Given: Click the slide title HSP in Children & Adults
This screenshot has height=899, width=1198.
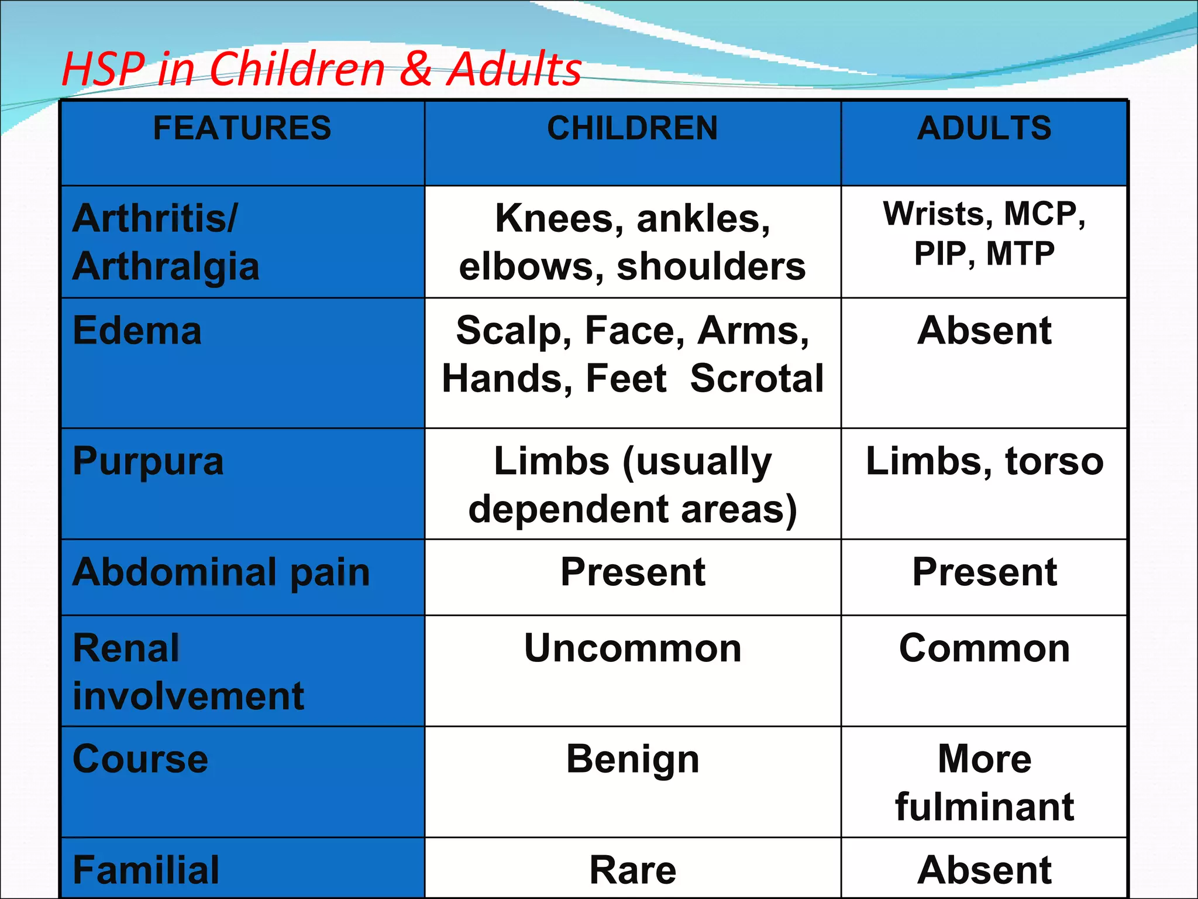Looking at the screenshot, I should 321,69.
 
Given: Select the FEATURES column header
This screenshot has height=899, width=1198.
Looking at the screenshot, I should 242,128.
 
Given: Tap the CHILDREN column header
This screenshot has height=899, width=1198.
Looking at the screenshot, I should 632,128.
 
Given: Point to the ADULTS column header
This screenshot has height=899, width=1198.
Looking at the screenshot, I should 984,128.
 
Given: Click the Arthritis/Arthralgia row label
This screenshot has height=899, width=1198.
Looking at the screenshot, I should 166,242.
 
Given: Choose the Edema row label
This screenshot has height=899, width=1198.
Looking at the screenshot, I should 137,331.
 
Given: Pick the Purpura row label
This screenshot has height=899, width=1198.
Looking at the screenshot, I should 148,461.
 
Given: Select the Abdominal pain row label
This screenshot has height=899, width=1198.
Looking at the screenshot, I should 221,572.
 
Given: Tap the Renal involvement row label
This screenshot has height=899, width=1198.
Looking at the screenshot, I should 188,672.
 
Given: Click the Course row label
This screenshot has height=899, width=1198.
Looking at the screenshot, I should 140,759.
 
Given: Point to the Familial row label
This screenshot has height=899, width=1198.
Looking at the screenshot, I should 146,870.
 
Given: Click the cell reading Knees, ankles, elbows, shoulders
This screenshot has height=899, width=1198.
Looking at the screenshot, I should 632,242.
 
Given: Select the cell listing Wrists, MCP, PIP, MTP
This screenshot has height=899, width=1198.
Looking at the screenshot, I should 984,234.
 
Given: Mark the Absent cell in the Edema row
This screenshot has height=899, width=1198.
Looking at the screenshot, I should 984,331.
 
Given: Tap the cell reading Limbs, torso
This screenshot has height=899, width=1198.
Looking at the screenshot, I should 984,461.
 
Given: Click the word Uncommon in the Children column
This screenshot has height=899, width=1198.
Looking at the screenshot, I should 632,648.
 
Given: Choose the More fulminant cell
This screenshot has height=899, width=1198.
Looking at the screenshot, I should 984,783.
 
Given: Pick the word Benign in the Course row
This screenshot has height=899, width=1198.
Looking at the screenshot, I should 632,759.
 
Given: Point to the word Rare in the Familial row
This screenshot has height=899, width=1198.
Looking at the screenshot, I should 632,870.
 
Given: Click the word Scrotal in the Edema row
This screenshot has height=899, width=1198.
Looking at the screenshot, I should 757,378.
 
